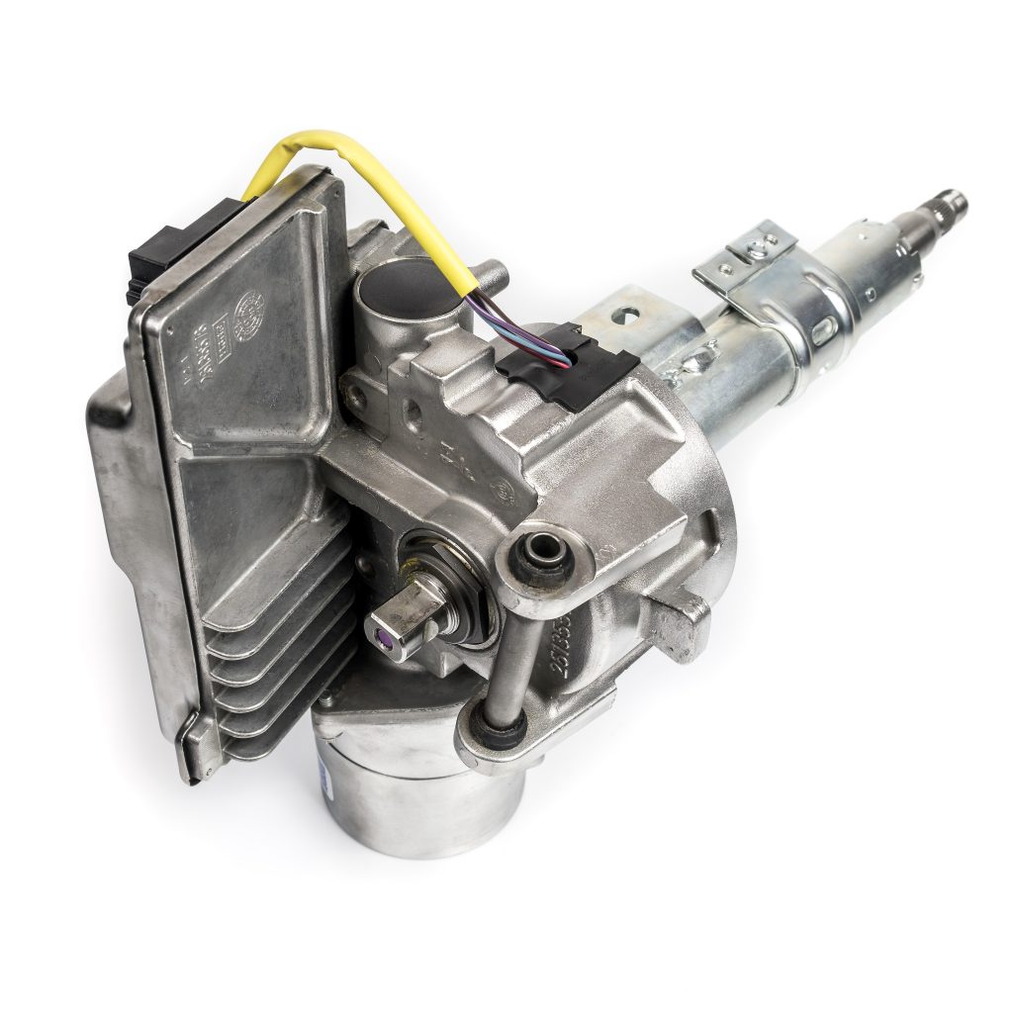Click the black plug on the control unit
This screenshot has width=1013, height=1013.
149,251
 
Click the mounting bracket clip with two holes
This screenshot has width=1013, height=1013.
748,252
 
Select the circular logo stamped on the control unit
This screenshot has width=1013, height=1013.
248,303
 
